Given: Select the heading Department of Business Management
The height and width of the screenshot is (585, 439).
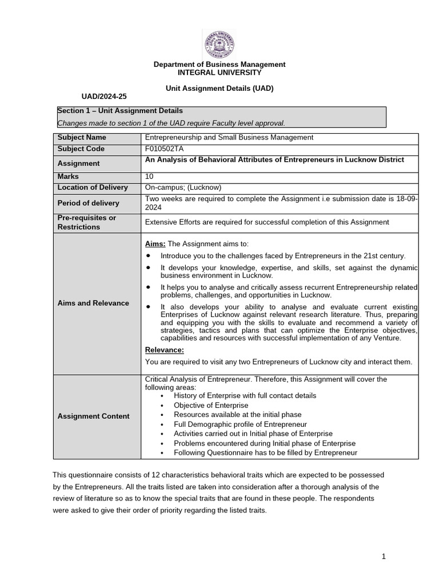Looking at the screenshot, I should tap(219, 65).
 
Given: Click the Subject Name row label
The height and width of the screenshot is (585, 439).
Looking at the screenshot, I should tap(82, 138).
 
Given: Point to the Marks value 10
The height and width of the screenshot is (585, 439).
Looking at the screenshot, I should tap(150, 177).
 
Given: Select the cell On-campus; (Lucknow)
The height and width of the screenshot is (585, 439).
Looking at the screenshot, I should tap(183, 187).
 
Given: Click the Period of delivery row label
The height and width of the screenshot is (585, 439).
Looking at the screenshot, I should tap(89, 203).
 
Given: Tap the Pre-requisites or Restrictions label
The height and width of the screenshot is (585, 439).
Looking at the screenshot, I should tap(87, 222).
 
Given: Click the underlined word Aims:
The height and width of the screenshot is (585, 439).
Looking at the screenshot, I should tap(155, 244).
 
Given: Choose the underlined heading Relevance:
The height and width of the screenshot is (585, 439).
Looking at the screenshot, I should tap(165, 350).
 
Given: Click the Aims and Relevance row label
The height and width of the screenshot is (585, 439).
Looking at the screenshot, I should tap(93, 303).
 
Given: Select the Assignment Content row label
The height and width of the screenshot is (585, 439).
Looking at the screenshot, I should tap(93, 416).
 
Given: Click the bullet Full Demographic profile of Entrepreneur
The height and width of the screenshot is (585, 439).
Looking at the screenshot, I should tap(240, 424).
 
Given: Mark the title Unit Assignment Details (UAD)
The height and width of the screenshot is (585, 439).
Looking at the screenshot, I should tap(219, 89).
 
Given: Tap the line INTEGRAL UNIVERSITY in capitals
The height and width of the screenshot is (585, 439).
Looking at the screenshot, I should tap(219, 73).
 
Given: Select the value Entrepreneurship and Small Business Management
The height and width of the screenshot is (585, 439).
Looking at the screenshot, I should tap(229, 138).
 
